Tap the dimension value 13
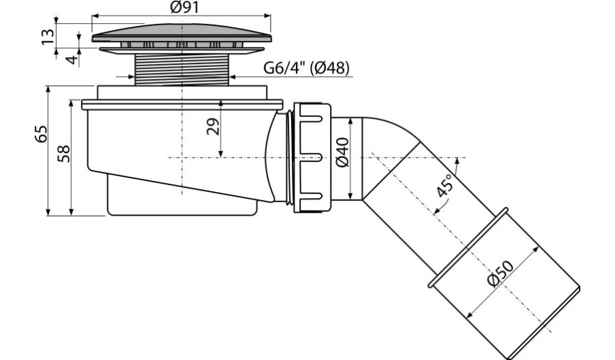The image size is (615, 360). pyautogui.click(x=48, y=37)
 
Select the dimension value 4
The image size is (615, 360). pyautogui.click(x=72, y=60)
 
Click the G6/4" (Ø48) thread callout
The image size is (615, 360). pyautogui.click(x=306, y=68)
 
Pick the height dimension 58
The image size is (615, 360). pyautogui.click(x=63, y=153)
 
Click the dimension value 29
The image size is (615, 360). pyautogui.click(x=213, y=127)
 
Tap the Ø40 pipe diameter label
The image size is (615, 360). pyautogui.click(x=342, y=152)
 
